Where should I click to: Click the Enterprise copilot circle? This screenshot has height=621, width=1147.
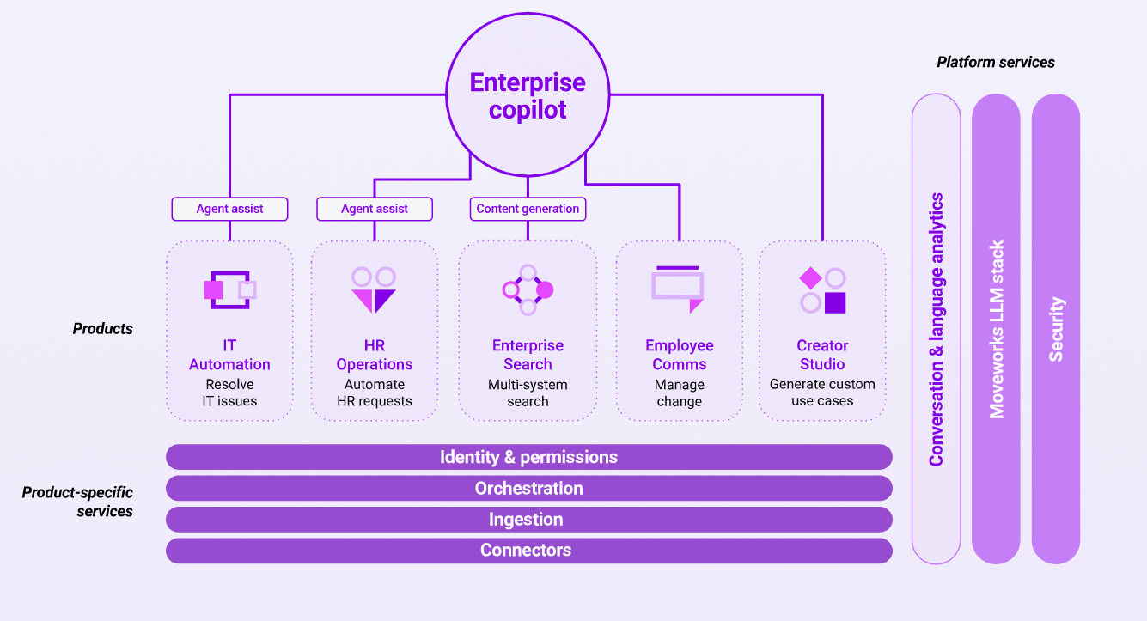(x=528, y=95)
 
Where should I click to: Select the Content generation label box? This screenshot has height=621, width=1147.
(x=528, y=209)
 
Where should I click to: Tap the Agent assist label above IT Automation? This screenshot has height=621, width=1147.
(x=229, y=209)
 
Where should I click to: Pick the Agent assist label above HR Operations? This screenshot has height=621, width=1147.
(x=375, y=209)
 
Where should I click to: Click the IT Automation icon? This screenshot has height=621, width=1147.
(x=229, y=289)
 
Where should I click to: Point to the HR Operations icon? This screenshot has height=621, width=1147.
(x=374, y=289)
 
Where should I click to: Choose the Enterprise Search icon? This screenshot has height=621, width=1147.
(x=528, y=289)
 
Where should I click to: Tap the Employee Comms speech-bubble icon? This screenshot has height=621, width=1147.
(x=678, y=289)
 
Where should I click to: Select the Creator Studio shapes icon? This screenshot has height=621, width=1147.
(x=822, y=290)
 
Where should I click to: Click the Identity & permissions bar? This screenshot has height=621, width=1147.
(x=528, y=457)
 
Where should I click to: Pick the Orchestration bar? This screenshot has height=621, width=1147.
(x=528, y=489)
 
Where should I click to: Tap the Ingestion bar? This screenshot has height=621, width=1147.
(x=528, y=520)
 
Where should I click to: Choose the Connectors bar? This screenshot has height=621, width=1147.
(x=528, y=551)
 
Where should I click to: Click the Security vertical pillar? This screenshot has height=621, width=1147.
(x=1056, y=329)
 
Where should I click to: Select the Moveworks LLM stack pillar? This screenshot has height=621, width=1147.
(x=997, y=329)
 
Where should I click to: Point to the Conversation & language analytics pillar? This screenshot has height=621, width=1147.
(x=937, y=329)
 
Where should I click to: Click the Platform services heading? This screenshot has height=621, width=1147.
(x=996, y=62)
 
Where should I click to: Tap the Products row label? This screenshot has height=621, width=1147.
(x=102, y=328)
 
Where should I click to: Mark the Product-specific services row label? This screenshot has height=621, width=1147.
(x=77, y=502)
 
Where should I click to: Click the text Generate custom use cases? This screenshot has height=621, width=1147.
(x=822, y=393)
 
